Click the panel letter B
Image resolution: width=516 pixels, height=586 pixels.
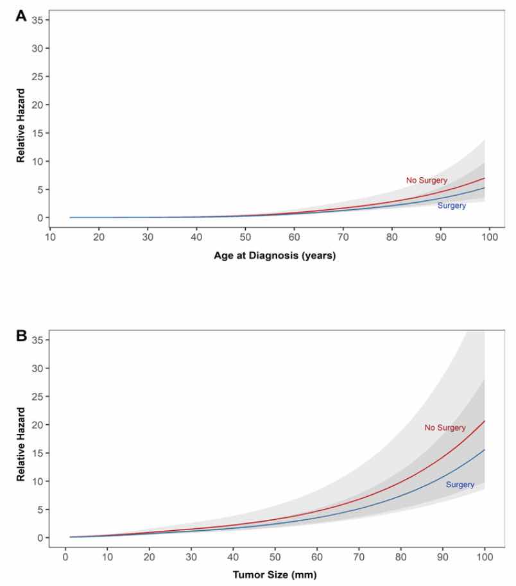click(21, 336)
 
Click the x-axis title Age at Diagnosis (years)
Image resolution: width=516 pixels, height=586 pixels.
click(275, 255)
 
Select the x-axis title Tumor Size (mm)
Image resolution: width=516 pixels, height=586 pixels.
click(275, 575)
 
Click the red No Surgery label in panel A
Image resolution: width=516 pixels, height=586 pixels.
click(426, 180)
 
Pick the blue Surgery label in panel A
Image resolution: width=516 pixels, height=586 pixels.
click(451, 206)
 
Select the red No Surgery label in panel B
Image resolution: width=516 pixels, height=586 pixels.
click(444, 427)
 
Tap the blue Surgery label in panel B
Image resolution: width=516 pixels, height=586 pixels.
click(460, 485)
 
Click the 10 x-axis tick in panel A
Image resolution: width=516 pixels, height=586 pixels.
click(50, 237)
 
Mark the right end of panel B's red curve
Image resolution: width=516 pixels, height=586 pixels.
click(485, 421)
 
